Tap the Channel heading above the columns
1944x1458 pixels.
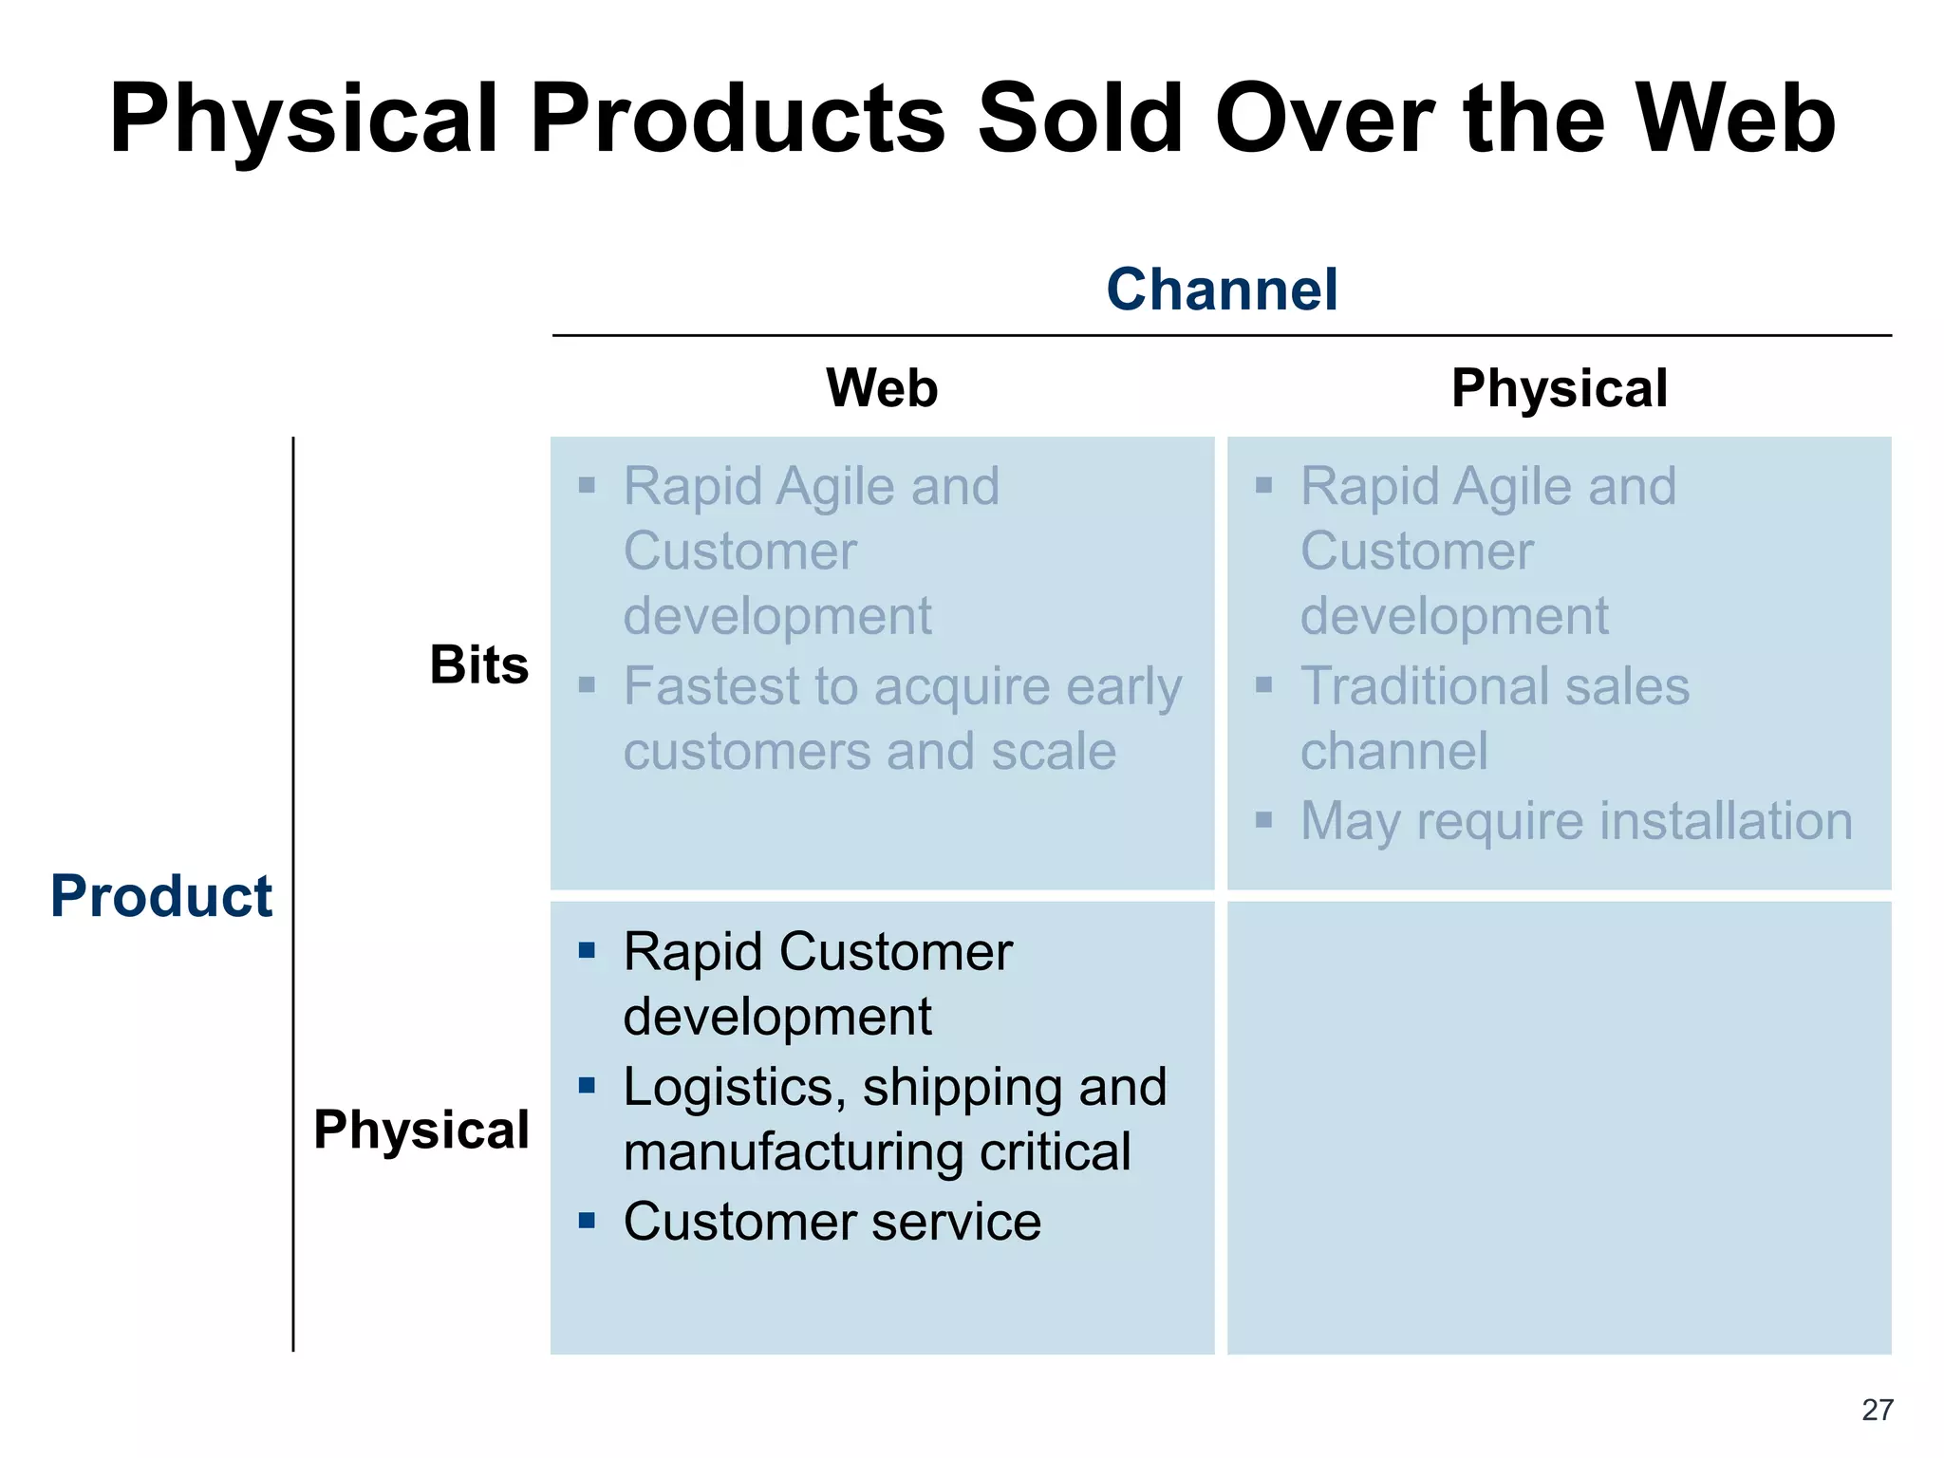click(x=1222, y=290)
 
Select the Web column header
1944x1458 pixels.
click(x=882, y=388)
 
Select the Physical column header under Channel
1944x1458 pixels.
click(x=1559, y=388)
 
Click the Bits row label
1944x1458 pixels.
click(x=478, y=664)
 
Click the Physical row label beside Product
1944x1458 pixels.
click(x=421, y=1130)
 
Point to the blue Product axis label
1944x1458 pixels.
click(x=161, y=896)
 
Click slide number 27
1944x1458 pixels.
click(x=1877, y=1411)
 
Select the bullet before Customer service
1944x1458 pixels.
click(x=587, y=1221)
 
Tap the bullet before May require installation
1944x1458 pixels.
click(x=1263, y=820)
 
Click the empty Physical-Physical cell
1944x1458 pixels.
click(x=1559, y=1128)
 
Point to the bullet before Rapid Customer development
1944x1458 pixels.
click(x=587, y=950)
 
